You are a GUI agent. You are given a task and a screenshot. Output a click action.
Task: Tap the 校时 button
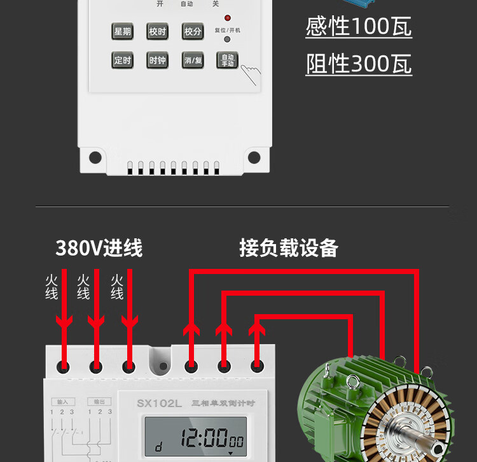coord(157,31)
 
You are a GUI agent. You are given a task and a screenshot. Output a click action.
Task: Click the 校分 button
coord(192,31)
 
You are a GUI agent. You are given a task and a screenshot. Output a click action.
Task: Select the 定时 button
coord(122,61)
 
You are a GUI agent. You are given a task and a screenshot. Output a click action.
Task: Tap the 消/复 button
coord(192,61)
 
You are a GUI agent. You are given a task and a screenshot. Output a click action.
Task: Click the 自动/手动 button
coord(227,61)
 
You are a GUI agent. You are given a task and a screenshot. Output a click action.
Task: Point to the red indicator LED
coord(227,18)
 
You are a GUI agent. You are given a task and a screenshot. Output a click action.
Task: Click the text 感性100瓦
coord(358,27)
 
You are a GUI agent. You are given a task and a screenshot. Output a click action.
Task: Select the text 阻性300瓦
coord(358,64)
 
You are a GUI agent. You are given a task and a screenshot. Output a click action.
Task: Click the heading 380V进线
coord(99,248)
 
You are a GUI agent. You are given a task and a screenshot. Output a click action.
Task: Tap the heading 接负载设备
coord(288,248)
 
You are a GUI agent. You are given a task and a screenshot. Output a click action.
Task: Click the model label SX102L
coord(159,403)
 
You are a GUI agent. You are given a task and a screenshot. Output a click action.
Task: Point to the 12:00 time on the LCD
coord(204,438)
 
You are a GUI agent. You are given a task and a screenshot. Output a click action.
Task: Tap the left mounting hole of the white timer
coord(95,157)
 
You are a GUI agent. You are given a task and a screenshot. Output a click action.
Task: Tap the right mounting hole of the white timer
coord(254,157)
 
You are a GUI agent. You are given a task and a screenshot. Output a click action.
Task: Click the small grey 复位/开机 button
coord(227,40)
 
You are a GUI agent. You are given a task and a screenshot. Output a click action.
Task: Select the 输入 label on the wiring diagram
coord(62,402)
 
